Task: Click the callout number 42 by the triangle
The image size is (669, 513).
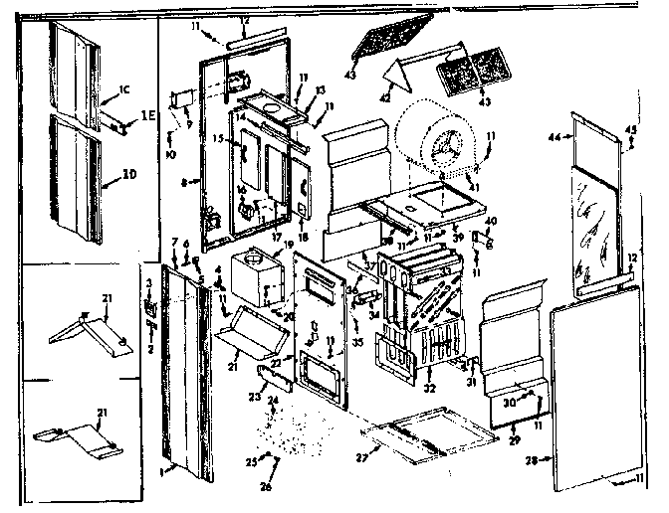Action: click(386, 99)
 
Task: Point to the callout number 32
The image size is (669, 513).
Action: click(430, 390)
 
